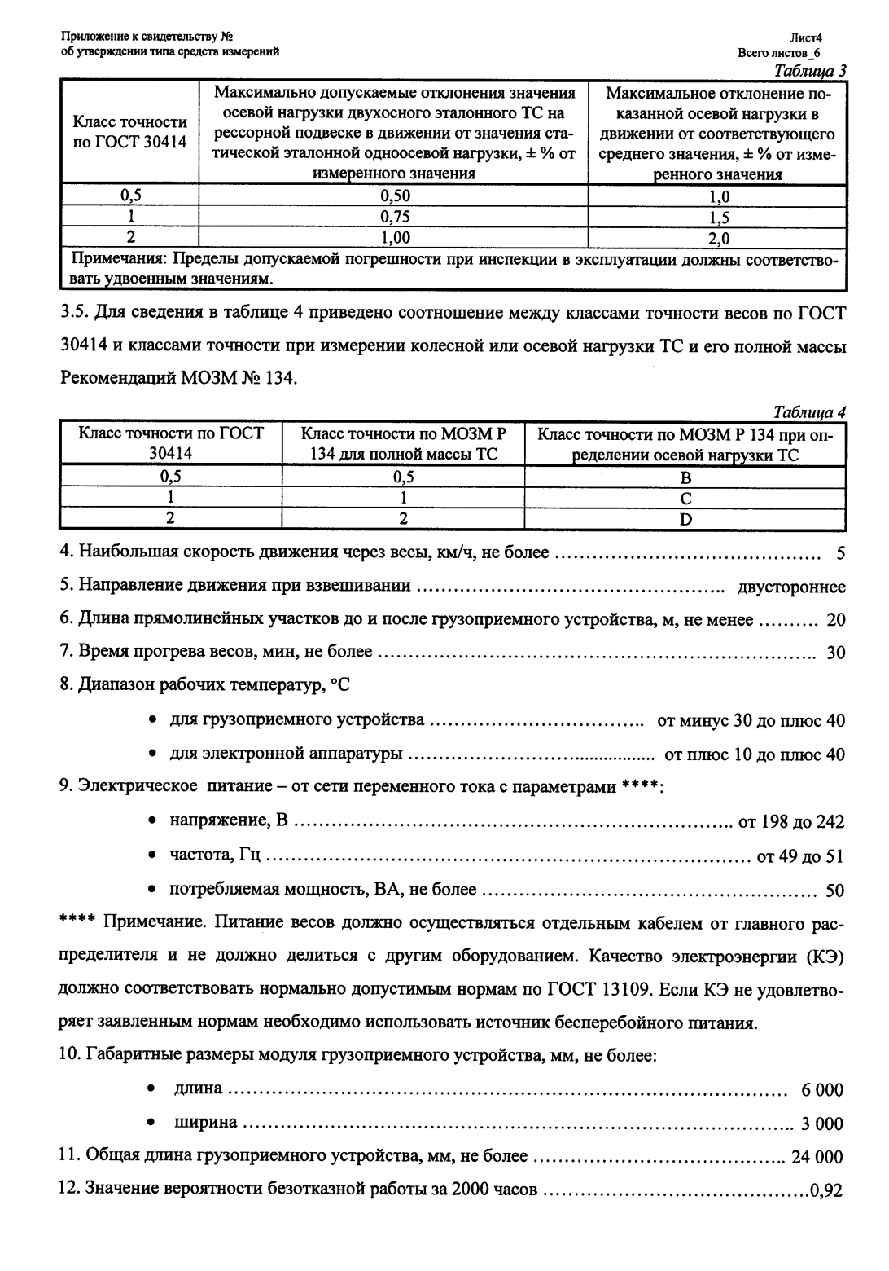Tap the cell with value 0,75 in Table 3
396,217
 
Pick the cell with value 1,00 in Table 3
396,238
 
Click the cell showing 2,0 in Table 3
718,238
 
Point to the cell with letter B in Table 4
685,477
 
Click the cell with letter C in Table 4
685,499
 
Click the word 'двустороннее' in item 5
790,587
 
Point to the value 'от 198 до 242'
790,822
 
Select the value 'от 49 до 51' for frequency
800,856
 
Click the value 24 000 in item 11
817,1157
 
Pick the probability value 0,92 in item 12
826,1191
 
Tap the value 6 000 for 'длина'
822,1090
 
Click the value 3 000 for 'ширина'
822,1124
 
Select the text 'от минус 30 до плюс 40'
751,721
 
